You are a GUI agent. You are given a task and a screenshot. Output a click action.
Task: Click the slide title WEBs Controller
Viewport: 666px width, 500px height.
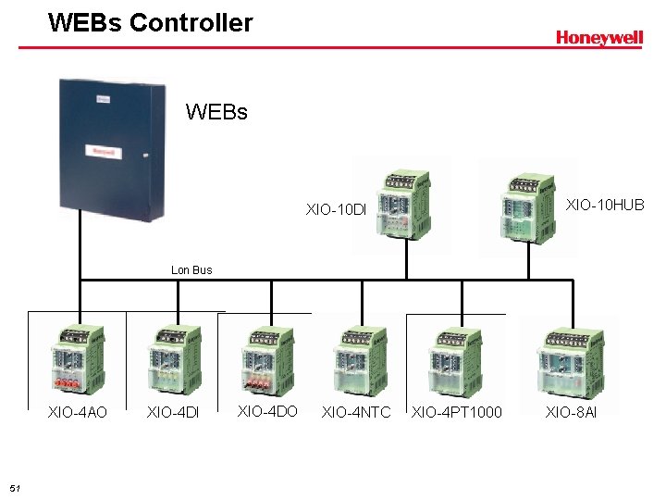tap(150, 23)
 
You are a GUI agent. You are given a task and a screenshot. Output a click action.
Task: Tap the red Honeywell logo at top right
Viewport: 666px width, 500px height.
tap(598, 38)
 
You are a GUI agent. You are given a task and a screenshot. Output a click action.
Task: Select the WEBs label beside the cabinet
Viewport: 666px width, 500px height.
tap(216, 112)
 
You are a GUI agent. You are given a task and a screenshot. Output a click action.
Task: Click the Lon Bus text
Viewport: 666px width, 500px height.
tap(191, 270)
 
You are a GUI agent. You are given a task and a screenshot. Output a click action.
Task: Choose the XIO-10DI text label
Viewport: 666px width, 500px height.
tap(336, 209)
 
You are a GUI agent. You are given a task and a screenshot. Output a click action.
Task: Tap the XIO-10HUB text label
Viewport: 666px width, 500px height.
tap(605, 205)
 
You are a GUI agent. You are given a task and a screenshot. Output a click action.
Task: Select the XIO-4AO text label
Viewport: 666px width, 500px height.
tap(78, 412)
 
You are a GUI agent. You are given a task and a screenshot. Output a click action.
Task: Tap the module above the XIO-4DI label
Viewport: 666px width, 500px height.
tap(173, 360)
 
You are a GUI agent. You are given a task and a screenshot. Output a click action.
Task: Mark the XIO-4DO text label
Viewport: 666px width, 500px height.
tap(267, 411)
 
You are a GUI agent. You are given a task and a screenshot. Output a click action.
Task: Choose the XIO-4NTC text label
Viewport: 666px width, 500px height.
tap(356, 412)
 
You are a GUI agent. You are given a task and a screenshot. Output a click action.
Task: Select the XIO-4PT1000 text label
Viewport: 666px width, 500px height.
tap(457, 412)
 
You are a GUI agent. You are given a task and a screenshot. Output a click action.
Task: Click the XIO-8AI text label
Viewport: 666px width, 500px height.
tap(571, 412)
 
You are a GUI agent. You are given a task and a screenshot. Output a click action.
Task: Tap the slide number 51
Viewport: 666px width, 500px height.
tap(14, 488)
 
